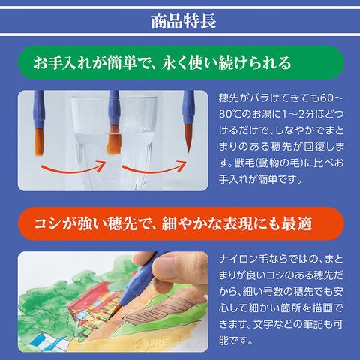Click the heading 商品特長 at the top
(184, 21)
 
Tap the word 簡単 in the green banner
(121, 62)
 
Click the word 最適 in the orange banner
(297, 223)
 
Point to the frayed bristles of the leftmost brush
(39, 142)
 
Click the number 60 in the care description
(328, 98)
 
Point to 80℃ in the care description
(229, 115)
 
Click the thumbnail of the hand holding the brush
(113, 301)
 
